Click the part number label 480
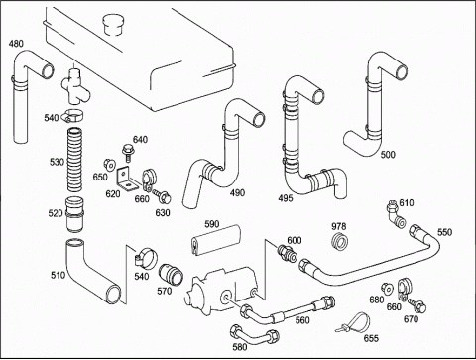[16, 44]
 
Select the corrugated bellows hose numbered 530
[75, 160]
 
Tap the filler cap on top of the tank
[113, 24]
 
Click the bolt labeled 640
[127, 153]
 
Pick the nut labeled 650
[108, 164]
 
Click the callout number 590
[212, 224]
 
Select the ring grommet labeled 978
[339, 241]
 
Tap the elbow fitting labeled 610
[396, 214]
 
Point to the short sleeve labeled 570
[171, 274]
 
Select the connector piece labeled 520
[74, 214]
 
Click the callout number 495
[286, 198]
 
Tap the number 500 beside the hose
[388, 155]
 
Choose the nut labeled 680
[386, 289]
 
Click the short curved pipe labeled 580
[255, 334]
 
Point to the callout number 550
[444, 232]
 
